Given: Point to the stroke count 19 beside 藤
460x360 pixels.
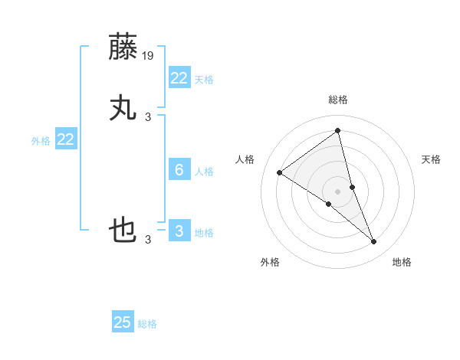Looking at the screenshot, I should tap(148, 55).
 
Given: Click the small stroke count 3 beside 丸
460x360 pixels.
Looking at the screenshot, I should tap(148, 116).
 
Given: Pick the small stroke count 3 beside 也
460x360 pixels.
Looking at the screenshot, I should tap(148, 239).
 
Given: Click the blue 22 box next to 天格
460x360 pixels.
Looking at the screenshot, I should tap(179, 77).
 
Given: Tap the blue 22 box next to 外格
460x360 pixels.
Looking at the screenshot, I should tap(66, 139).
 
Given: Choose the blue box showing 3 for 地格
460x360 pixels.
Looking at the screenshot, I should tap(179, 231).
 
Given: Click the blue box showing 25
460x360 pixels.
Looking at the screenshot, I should tap(123, 322).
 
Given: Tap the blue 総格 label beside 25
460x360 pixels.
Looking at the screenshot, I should tap(147, 324).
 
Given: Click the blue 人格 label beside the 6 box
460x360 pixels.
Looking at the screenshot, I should tap(204, 171).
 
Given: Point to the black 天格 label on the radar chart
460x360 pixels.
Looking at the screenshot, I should tap(431, 159).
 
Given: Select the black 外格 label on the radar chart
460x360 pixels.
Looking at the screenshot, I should tap(270, 262).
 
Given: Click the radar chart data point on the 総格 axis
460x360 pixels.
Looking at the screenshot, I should tap(337, 131).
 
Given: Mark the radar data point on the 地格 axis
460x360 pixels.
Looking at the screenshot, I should tap(374, 242).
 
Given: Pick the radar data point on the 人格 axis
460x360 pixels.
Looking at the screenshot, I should tap(279, 172).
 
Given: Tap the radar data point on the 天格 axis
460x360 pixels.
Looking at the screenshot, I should tap(352, 187).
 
